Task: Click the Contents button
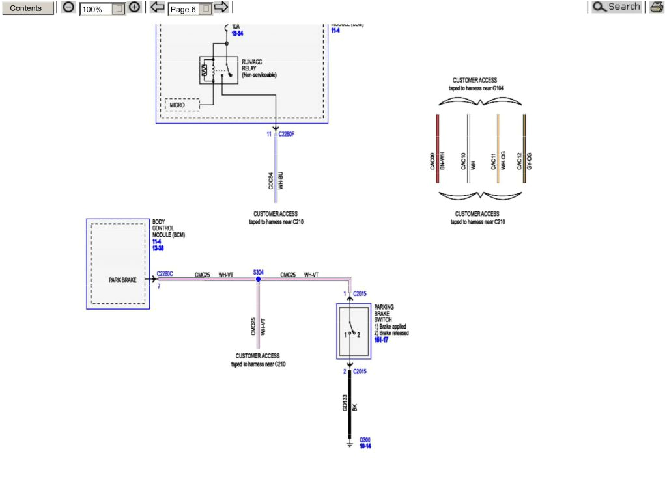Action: tap(27, 8)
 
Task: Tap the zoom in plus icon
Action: tap(134, 8)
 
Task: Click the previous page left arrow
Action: tap(157, 8)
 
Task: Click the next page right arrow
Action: tap(221, 8)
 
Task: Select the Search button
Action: tap(616, 7)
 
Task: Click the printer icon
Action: tap(656, 8)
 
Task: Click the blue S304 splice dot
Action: tap(259, 279)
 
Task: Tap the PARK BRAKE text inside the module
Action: tap(122, 280)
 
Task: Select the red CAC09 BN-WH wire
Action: tap(438, 148)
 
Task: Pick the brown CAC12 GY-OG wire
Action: tap(524, 148)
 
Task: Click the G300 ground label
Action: tap(365, 443)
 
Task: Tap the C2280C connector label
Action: tap(165, 274)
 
